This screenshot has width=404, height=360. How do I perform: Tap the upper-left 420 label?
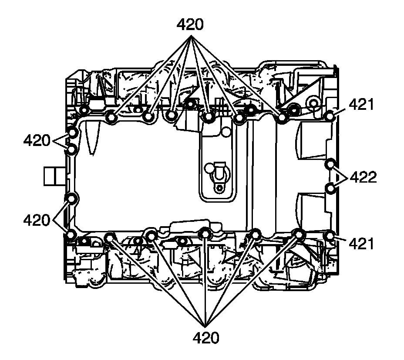click(x=37, y=140)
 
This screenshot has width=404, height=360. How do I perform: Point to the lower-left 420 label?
click(x=37, y=221)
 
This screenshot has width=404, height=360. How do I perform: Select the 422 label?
click(x=363, y=177)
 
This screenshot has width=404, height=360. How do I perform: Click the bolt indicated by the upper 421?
click(x=330, y=116)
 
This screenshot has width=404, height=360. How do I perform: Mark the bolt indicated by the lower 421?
click(x=330, y=236)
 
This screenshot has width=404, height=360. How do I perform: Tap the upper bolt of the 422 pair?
click(x=331, y=164)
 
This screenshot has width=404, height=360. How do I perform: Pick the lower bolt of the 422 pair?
click(x=331, y=188)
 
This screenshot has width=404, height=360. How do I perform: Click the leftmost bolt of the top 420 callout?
click(x=112, y=118)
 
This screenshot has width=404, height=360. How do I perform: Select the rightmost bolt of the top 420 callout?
click(x=283, y=118)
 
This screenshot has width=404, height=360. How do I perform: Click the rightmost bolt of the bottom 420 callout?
click(x=299, y=234)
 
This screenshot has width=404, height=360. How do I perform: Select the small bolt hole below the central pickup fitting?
click(x=219, y=188)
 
